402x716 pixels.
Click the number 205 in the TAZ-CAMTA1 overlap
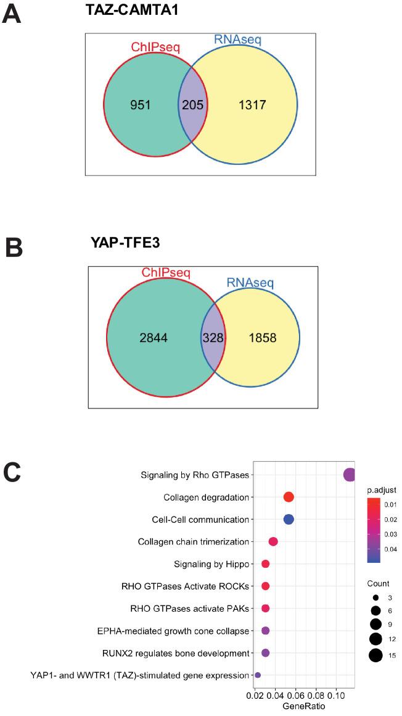(x=191, y=105)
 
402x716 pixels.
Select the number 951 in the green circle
(x=142, y=105)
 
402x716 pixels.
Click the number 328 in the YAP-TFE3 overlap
(x=213, y=338)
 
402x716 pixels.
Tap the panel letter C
(x=14, y=473)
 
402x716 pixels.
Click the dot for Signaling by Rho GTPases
(x=350, y=475)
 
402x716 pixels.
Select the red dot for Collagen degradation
(x=289, y=497)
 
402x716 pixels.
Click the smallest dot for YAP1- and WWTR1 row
(x=258, y=675)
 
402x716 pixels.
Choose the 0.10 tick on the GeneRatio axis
(x=336, y=696)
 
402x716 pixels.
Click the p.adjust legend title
(x=382, y=490)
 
